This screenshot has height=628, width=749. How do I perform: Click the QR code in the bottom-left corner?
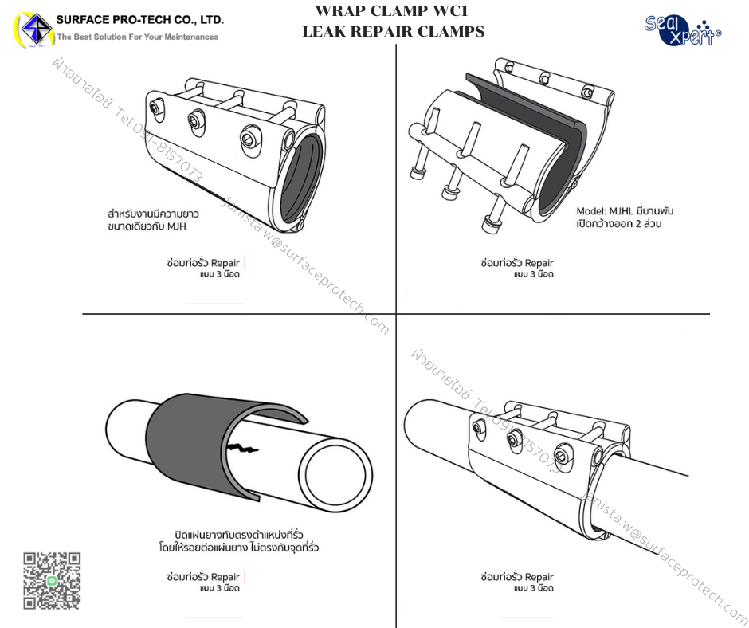[x=52, y=580]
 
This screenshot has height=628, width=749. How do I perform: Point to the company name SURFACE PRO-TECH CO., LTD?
[x=140, y=19]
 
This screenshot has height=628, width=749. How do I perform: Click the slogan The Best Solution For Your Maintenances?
[x=137, y=37]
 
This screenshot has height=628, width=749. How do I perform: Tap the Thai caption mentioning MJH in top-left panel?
[x=153, y=221]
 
